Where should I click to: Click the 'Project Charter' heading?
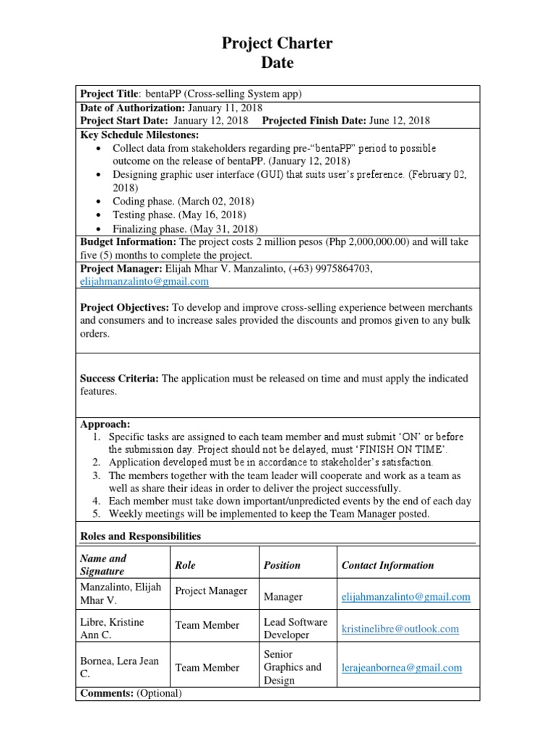pos(277,44)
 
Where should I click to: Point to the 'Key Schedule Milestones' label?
pos(139,134)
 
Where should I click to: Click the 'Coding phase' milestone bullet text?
pos(183,201)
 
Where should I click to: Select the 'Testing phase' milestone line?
pos(179,215)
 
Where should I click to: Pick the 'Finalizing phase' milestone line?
pos(185,228)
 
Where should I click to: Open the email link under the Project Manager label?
pos(144,281)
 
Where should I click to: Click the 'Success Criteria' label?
pos(119,378)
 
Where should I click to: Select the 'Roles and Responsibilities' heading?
pos(140,536)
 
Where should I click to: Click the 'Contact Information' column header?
pos(387,565)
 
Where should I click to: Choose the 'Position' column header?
pos(282,565)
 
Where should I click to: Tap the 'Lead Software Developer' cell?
pos(295,628)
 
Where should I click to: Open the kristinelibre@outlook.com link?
pos(400,629)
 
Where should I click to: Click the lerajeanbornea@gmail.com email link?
pos(401,668)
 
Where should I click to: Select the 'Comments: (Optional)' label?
pos(131,693)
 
